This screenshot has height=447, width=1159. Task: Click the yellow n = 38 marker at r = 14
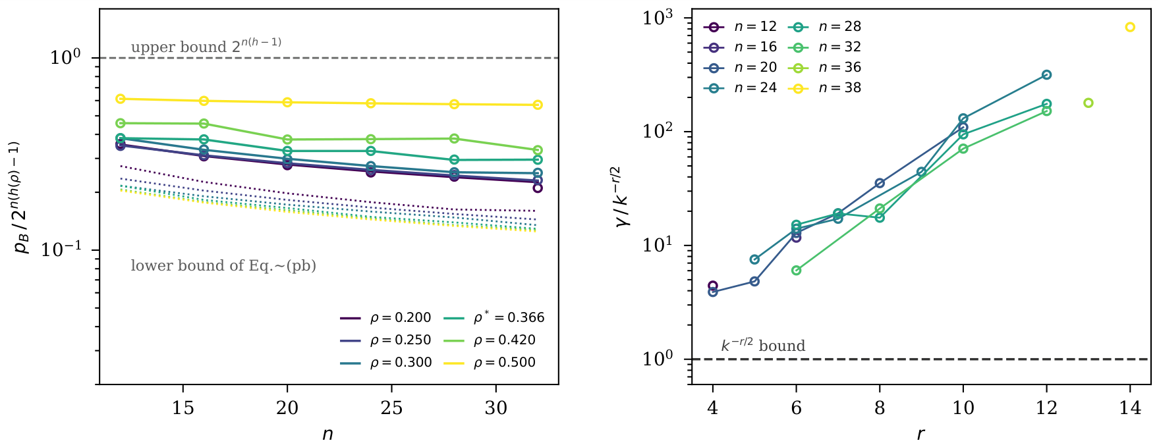tap(1130, 27)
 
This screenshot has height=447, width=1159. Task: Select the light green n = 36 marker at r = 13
tap(1088, 103)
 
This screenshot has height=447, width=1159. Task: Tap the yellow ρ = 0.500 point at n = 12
tap(121, 99)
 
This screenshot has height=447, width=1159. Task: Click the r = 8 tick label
tap(880, 409)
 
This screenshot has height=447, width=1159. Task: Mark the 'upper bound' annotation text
tap(206, 46)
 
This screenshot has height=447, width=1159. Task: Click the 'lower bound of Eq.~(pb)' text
tap(223, 266)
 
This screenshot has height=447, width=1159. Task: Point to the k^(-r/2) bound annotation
tap(763, 345)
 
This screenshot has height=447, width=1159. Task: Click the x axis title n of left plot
tap(328, 434)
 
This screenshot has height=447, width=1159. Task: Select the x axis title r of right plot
tap(920, 434)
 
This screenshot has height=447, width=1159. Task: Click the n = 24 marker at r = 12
tap(1046, 75)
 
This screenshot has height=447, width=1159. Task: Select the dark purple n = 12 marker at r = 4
tap(712, 286)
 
